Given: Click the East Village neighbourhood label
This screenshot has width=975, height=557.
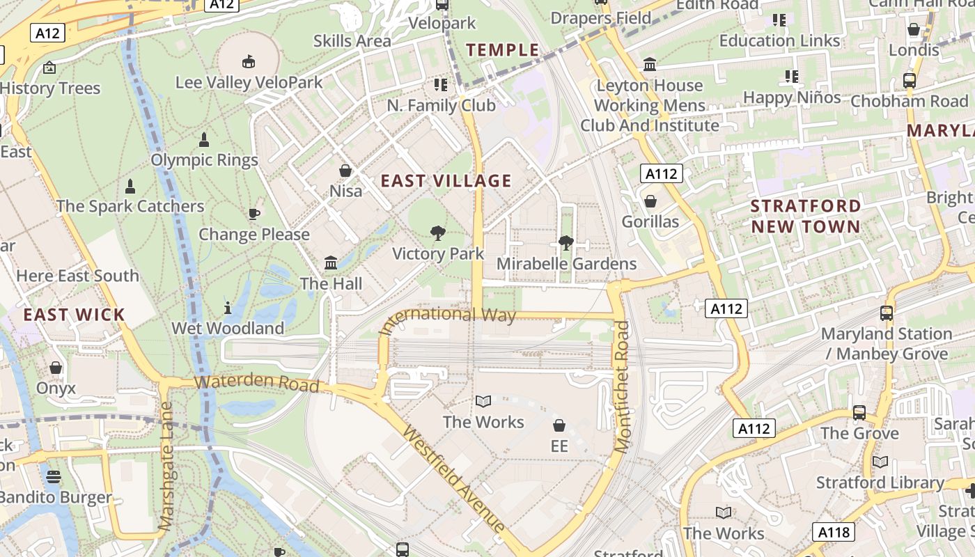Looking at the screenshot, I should [x=446, y=181].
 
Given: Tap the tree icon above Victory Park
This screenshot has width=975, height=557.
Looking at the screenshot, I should [x=438, y=233].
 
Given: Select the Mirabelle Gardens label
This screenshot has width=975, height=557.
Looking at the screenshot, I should [x=566, y=264].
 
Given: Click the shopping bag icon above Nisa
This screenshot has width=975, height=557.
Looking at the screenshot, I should [x=345, y=171].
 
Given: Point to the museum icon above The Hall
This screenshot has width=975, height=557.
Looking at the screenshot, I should [x=331, y=263].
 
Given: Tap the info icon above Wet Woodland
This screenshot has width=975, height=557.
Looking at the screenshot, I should [x=228, y=307].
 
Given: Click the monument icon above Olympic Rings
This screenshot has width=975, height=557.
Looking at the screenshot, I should [x=204, y=140].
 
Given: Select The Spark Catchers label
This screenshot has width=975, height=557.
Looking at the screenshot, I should [x=130, y=206].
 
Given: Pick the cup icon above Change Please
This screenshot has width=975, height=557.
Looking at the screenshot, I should [x=253, y=214].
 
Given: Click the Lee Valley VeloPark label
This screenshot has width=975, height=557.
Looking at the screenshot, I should [x=249, y=82].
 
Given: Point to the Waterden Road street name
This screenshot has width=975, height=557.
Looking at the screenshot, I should [x=257, y=384].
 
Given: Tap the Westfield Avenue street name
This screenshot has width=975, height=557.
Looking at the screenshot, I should [x=453, y=478].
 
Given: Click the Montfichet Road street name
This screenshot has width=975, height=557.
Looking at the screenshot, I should [x=622, y=386].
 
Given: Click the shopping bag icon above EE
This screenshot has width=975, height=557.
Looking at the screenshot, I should [x=559, y=425].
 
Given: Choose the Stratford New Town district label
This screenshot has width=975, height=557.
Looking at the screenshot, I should [x=806, y=216].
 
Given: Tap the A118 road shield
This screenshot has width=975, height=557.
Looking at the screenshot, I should [x=834, y=533].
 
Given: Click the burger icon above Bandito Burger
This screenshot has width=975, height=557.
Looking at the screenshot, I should [x=54, y=478].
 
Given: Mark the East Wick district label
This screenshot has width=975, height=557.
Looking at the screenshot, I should [x=74, y=315].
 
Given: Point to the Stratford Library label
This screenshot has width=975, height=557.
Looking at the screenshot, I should [x=880, y=483].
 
